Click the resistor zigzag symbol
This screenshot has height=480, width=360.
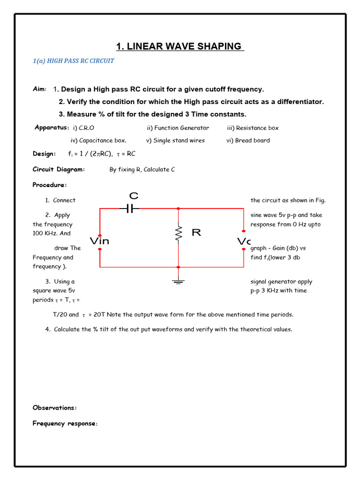(x=178, y=232)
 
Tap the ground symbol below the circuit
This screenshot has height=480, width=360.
(x=178, y=281)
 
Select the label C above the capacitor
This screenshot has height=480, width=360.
(x=133, y=195)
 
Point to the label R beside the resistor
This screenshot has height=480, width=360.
(x=196, y=232)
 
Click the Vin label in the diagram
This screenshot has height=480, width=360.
(x=99, y=241)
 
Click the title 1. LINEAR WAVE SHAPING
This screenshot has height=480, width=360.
(x=180, y=46)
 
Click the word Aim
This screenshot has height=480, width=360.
(x=39, y=89)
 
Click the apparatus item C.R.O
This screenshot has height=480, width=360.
(x=87, y=128)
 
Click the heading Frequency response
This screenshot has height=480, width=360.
(x=65, y=423)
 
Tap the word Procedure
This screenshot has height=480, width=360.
(x=50, y=185)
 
